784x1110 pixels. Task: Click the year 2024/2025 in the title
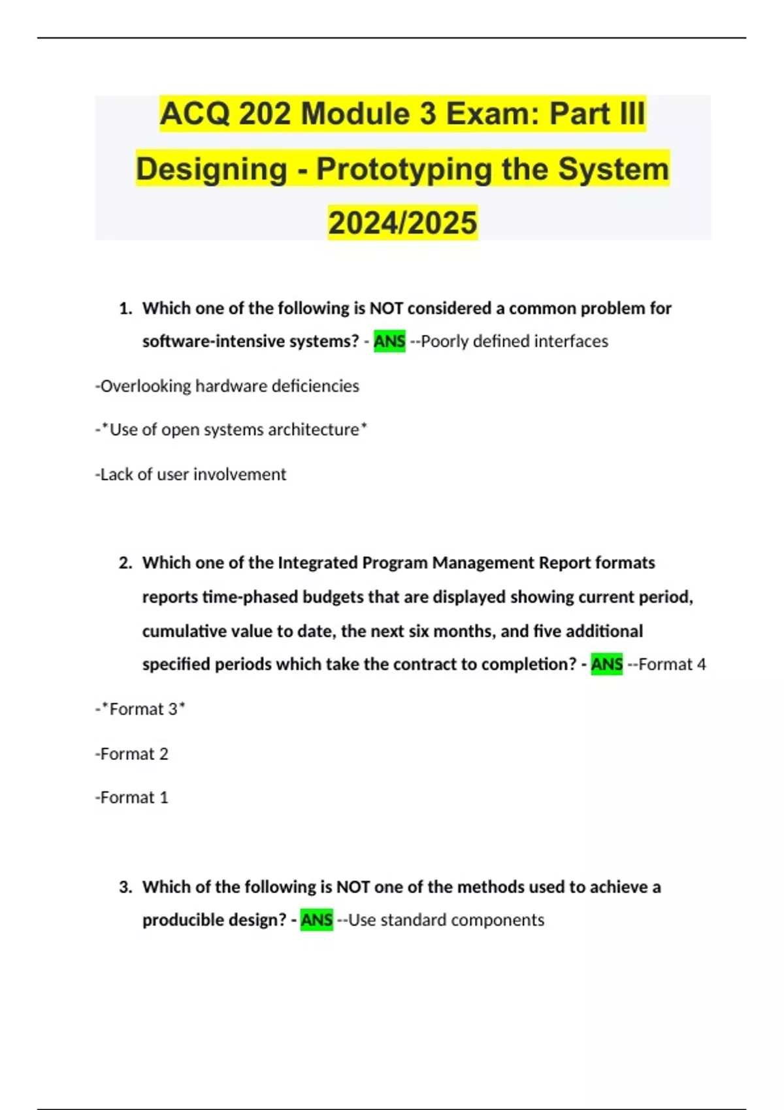pos(402,223)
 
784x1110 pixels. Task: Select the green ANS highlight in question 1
pos(389,341)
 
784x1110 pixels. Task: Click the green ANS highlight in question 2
pos(606,664)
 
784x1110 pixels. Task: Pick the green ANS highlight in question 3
pos(317,919)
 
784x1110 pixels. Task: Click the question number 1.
pos(125,308)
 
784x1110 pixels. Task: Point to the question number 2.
pos(125,563)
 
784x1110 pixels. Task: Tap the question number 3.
pos(125,887)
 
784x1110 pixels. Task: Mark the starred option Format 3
pos(141,709)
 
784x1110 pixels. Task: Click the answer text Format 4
pos(672,664)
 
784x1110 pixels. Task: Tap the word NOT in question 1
pos(386,308)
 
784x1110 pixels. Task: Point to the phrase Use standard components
pos(446,919)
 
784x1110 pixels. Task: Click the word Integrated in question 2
pos(318,563)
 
